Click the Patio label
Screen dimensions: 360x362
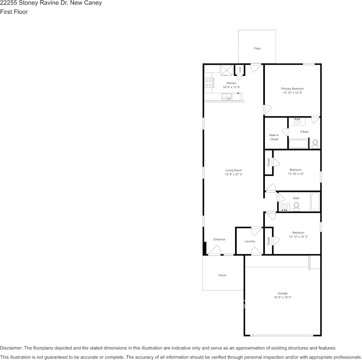coord(258,48)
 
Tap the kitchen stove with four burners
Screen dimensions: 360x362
coord(208,83)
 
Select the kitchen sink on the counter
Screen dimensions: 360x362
coord(227,97)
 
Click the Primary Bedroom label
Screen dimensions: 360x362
coord(292,89)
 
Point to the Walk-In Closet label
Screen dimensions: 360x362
coord(274,137)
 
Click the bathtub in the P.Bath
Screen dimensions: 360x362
coord(298,144)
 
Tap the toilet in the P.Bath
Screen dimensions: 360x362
coord(315,143)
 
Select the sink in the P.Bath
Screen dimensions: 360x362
coord(298,122)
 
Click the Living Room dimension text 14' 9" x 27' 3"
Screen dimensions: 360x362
coord(233,174)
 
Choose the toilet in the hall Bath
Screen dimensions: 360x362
coord(296,207)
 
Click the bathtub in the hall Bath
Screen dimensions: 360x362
coord(315,202)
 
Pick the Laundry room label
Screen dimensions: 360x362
coord(250,241)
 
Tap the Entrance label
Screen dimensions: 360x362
coord(219,239)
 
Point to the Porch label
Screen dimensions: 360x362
coord(222,275)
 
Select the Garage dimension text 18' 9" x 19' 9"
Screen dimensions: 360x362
coord(282,297)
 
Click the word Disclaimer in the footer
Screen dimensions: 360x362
coord(11,348)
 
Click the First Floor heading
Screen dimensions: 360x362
coord(14,12)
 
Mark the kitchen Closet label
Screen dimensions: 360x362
coord(240,70)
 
